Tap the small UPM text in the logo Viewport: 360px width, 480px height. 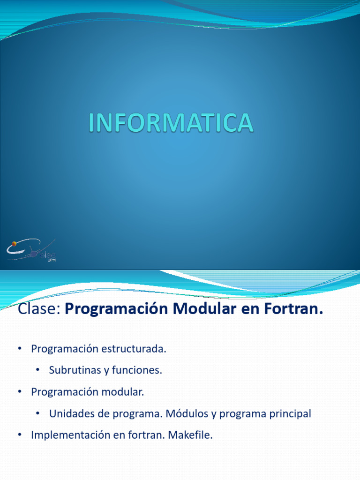pyautogui.click(x=52, y=259)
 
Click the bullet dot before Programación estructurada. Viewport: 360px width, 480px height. pyautogui.click(x=19, y=349)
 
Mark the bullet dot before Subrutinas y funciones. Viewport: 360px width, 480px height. pyautogui.click(x=37, y=370)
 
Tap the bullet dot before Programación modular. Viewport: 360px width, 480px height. pyautogui.click(x=19, y=392)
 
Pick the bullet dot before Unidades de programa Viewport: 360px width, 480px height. pyautogui.click(x=37, y=414)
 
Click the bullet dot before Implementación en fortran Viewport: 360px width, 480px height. pyautogui.click(x=19, y=435)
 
